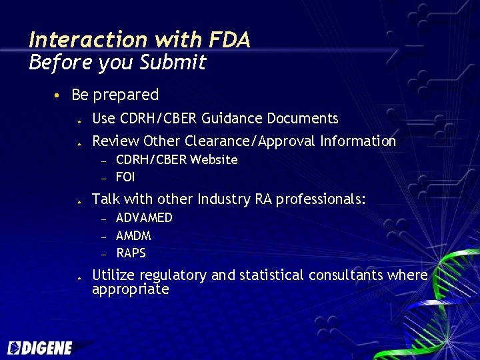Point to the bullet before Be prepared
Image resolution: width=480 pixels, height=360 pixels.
coord(59,96)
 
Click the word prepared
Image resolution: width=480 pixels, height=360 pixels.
coord(126,95)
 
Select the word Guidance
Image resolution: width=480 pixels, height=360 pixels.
coord(232,119)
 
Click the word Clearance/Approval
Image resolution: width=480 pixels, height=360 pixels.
coord(249,141)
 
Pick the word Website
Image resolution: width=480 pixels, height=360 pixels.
coord(214,159)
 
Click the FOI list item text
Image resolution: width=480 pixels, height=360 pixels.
coord(125,177)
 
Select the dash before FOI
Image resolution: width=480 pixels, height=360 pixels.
coord(104,177)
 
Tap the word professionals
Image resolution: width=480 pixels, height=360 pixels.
coord(321,199)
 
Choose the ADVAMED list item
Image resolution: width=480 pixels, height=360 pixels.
coord(144,218)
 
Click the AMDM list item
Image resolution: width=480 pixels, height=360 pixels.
coord(133,235)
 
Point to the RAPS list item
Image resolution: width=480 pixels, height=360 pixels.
coord(131,253)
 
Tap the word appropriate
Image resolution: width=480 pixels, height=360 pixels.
coord(131,290)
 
